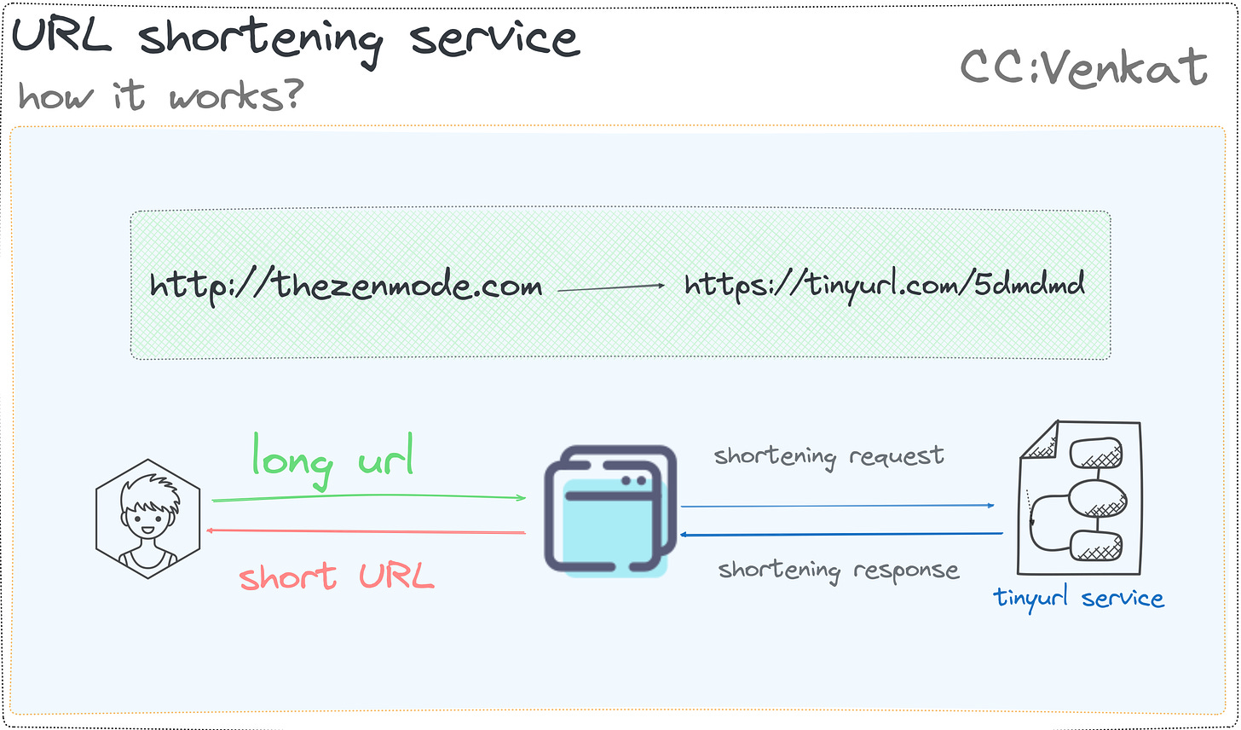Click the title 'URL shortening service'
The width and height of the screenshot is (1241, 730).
[295, 38]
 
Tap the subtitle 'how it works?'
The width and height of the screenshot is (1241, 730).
[160, 96]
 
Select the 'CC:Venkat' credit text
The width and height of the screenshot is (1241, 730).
[1083, 67]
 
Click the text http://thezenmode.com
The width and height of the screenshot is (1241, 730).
[345, 284]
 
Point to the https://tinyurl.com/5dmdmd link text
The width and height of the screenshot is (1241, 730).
[884, 284]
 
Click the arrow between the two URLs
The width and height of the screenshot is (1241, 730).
[610, 288]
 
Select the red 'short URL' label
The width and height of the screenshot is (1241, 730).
[337, 577]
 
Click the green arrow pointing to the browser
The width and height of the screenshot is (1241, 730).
[368, 498]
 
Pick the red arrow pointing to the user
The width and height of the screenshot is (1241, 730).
[367, 532]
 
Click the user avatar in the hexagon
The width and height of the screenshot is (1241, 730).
[148, 519]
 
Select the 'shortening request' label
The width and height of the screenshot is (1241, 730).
[828, 456]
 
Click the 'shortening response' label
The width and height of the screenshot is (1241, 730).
[839, 570]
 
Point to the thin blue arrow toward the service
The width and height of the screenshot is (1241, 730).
[837, 506]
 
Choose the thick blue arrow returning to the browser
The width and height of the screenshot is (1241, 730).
[840, 535]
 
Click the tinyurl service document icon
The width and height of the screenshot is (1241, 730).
[1079, 499]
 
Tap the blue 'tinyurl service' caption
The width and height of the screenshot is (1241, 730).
[1078, 598]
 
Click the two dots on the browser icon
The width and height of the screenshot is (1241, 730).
[633, 481]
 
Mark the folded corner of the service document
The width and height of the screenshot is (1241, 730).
[1039, 438]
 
